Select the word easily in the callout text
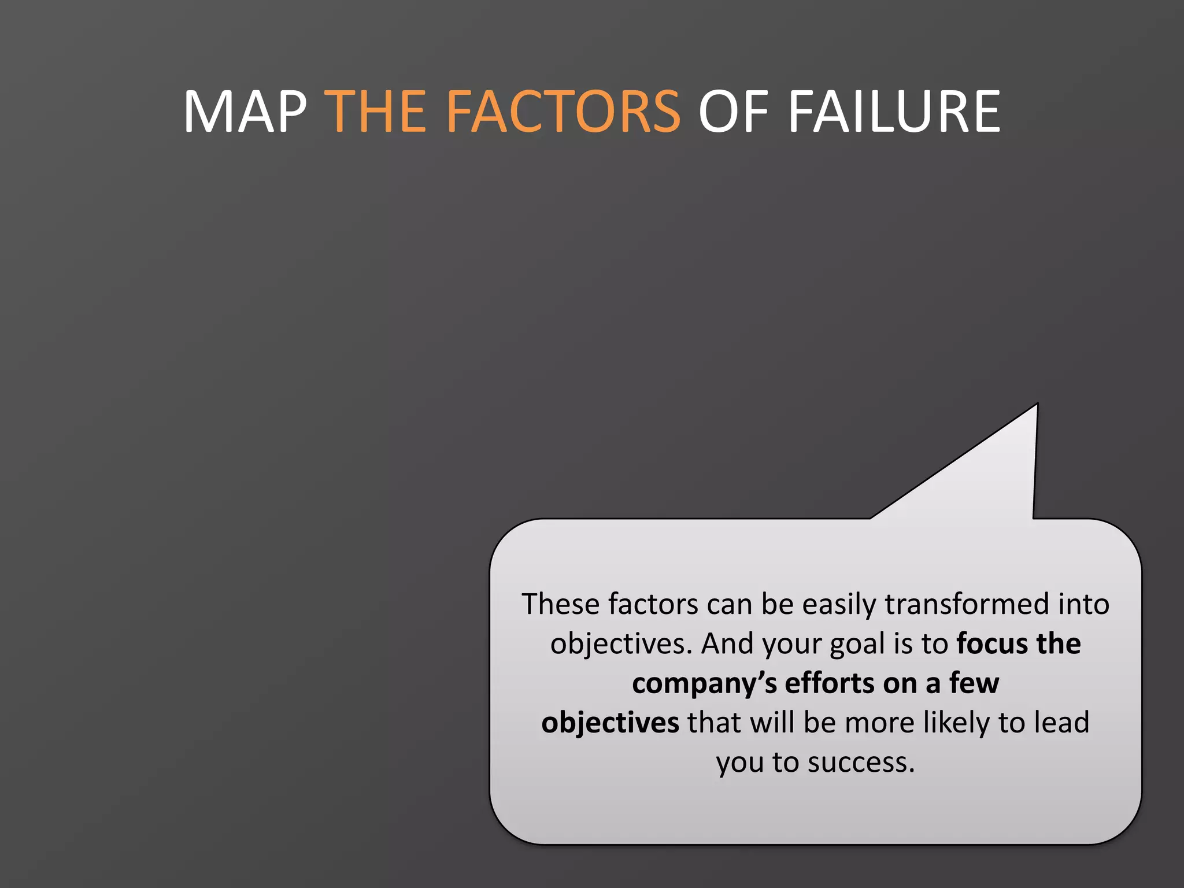tap(839, 604)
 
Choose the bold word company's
tap(704, 683)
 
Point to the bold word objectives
tap(610, 723)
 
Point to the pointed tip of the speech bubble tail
tap(1037, 405)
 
